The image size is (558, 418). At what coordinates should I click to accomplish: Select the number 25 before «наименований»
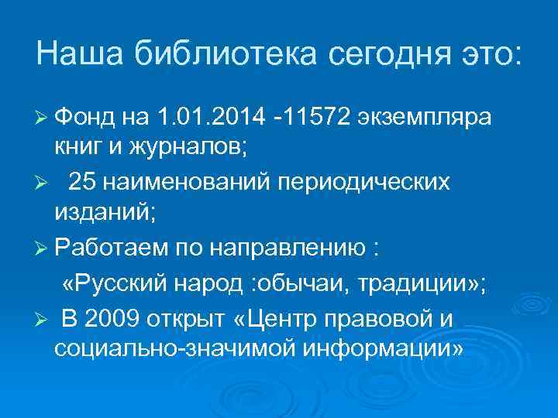[x=81, y=181]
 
